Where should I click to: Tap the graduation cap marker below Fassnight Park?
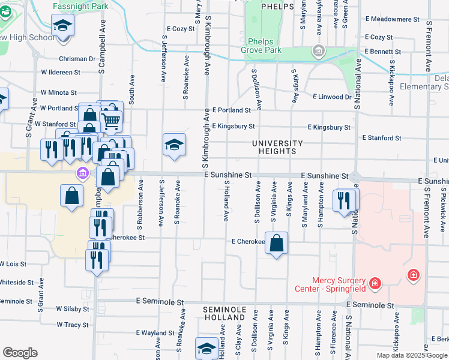[x=62, y=26]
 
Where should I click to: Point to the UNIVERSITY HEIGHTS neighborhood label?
[x=277, y=147]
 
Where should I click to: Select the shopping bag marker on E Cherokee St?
[x=276, y=243]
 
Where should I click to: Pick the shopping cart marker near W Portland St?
[x=111, y=121]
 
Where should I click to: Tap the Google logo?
[x=20, y=353]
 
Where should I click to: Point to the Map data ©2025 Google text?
[x=411, y=355]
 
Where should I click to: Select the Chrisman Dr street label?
[x=77, y=59]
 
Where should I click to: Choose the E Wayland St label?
[x=155, y=332]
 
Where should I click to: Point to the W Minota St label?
[x=58, y=93]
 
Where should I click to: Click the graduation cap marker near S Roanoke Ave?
[x=174, y=145]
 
